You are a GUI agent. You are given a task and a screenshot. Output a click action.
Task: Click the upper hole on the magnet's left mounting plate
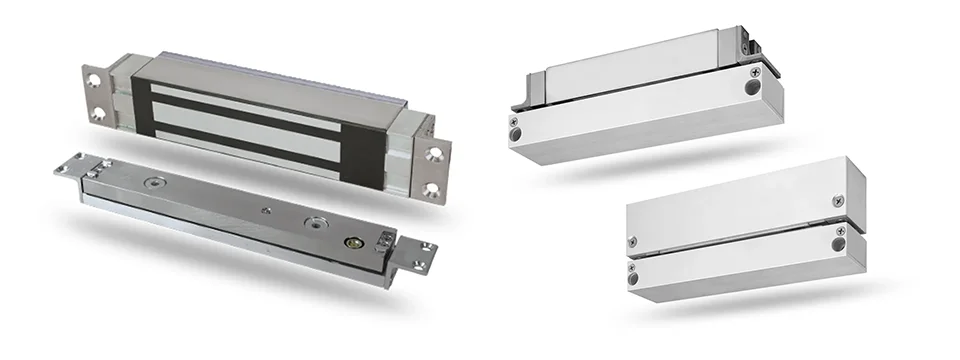(x=95, y=76)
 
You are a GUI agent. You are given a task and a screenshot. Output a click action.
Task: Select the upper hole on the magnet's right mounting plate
(x=434, y=154)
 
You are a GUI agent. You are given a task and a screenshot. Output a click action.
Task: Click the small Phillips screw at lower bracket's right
(x=837, y=201)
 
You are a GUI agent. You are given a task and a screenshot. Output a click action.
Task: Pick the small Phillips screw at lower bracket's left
(x=632, y=241)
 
